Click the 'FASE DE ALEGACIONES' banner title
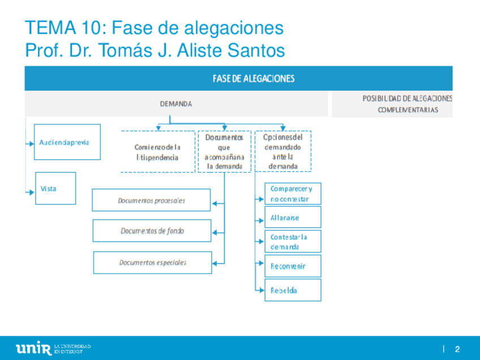[x=253, y=79]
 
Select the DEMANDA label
[x=175, y=104]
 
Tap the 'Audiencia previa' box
[x=67, y=142]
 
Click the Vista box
[x=55, y=188]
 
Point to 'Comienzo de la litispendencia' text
[x=157, y=152]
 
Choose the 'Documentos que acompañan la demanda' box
[x=224, y=152]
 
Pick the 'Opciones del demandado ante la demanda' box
[x=283, y=152]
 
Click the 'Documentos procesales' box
[x=151, y=200]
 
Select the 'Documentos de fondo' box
[x=152, y=231]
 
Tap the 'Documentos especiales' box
[x=152, y=263]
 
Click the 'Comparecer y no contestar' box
[x=293, y=194]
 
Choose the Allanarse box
[x=293, y=217]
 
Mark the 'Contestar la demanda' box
[x=293, y=242]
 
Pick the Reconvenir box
[x=293, y=266]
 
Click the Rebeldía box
[x=293, y=290]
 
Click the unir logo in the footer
[x=34, y=348]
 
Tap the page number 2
[x=457, y=349]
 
